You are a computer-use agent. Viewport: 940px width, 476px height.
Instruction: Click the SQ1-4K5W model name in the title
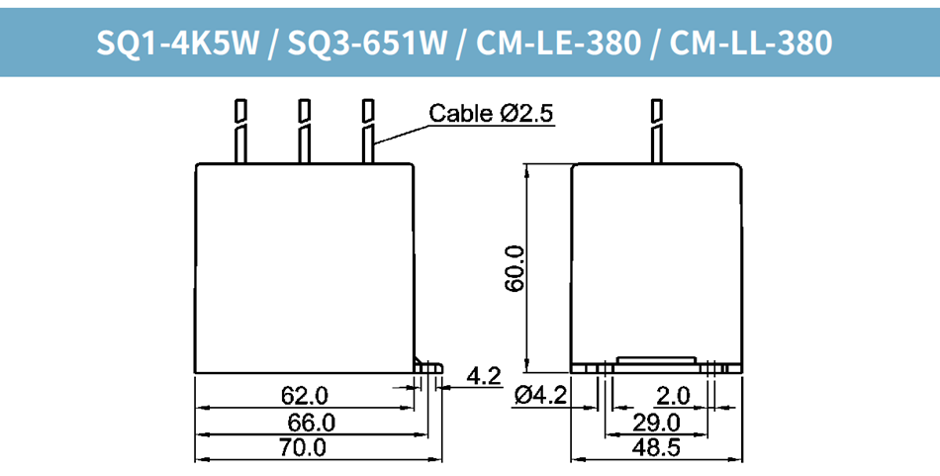click(x=179, y=43)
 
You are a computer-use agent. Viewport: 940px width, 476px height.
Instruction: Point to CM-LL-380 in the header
click(x=751, y=43)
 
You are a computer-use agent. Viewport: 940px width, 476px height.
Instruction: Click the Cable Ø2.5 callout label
click(x=491, y=114)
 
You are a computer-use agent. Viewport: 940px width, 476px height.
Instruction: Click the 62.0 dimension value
click(x=305, y=397)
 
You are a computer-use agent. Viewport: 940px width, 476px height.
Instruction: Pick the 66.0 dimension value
click(x=311, y=423)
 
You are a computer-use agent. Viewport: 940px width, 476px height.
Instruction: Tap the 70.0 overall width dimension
click(x=303, y=448)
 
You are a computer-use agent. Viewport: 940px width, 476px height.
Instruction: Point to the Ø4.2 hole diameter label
click(x=540, y=397)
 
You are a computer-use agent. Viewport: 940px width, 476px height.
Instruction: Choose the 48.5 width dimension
click(x=656, y=448)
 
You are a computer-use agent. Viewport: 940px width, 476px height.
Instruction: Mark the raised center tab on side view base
click(x=656, y=361)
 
